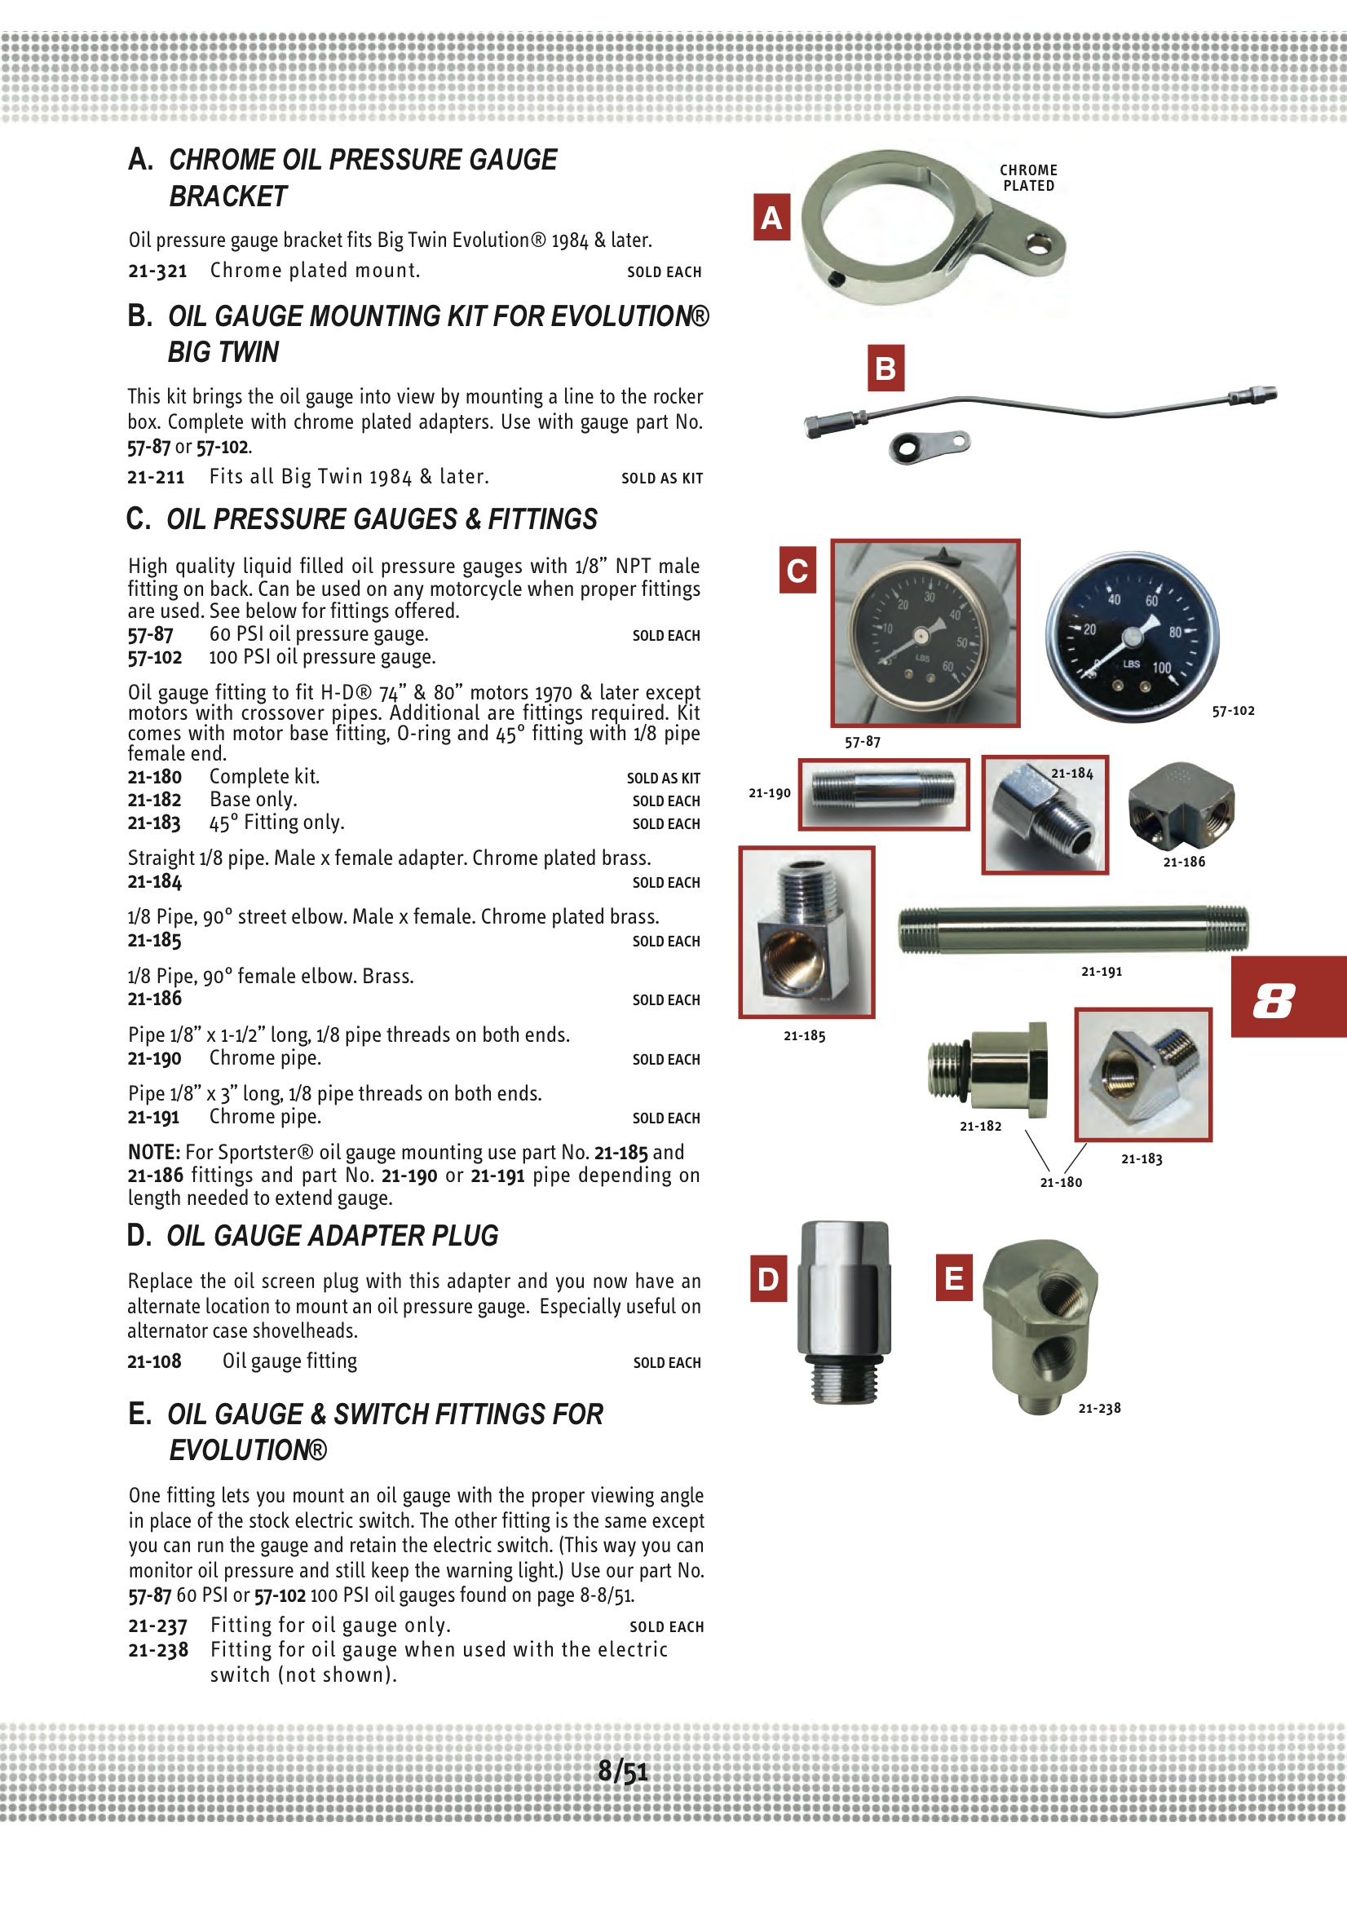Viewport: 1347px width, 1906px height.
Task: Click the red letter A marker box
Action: pyautogui.click(x=771, y=218)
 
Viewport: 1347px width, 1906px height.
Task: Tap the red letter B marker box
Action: pyautogui.click(x=885, y=368)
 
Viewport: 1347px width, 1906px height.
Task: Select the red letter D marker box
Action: pyautogui.click(x=768, y=1278)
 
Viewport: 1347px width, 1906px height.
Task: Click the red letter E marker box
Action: pyautogui.click(x=954, y=1277)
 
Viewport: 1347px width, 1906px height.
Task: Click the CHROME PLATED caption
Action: pyautogui.click(x=1028, y=178)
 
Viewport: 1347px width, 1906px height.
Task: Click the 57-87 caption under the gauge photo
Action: pyautogui.click(x=862, y=742)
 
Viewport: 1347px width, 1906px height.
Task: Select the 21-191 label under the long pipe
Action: pyautogui.click(x=1102, y=971)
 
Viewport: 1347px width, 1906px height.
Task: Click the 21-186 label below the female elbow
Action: pyautogui.click(x=1183, y=862)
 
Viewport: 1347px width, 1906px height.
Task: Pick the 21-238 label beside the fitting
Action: pyautogui.click(x=1099, y=1408)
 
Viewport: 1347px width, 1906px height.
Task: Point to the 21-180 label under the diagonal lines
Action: pyautogui.click(x=1061, y=1182)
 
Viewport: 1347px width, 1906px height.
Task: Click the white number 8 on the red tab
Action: pyautogui.click(x=1274, y=999)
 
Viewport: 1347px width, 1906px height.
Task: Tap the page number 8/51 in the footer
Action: pyautogui.click(x=623, y=1771)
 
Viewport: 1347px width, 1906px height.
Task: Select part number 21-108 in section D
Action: pyautogui.click(x=154, y=1361)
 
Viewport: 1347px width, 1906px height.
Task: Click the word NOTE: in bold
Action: pyautogui.click(x=153, y=1152)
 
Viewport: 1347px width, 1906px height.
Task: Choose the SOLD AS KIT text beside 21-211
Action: pyautogui.click(x=662, y=479)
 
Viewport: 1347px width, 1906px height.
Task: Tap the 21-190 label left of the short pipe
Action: pyautogui.click(x=769, y=792)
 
